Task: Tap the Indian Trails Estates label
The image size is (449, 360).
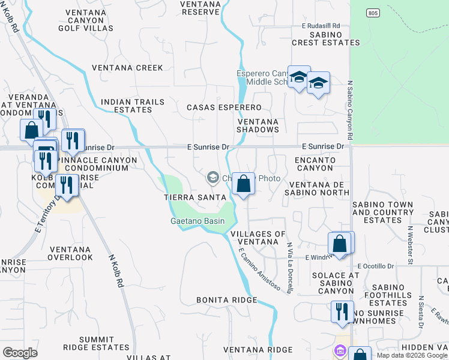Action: pos(133,106)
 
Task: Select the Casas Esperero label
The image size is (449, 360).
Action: pos(224,107)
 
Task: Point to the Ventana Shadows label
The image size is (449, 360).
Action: pos(258,125)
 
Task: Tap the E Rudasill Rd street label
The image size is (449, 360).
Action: pos(321,26)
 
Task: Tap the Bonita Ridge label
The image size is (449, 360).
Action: pos(227,299)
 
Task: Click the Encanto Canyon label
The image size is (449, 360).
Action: pos(315,164)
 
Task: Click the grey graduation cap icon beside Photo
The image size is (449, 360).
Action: pos(212,178)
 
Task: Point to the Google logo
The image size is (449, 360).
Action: pos(20,352)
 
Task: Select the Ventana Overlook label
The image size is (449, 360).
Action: pos(71,253)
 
